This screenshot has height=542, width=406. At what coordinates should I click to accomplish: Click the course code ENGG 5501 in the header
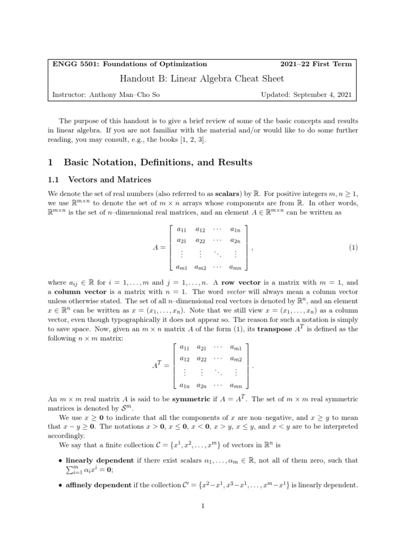coord(73,64)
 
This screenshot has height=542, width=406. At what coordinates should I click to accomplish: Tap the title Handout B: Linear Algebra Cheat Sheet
coord(202,79)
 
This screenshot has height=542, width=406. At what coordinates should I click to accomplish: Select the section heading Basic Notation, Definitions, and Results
coord(158,162)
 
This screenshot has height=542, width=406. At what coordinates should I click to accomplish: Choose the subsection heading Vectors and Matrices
coord(107,179)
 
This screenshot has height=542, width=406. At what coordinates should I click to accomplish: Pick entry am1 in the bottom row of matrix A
coord(183,268)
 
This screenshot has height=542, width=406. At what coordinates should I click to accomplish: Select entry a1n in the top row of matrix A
coord(235,229)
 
